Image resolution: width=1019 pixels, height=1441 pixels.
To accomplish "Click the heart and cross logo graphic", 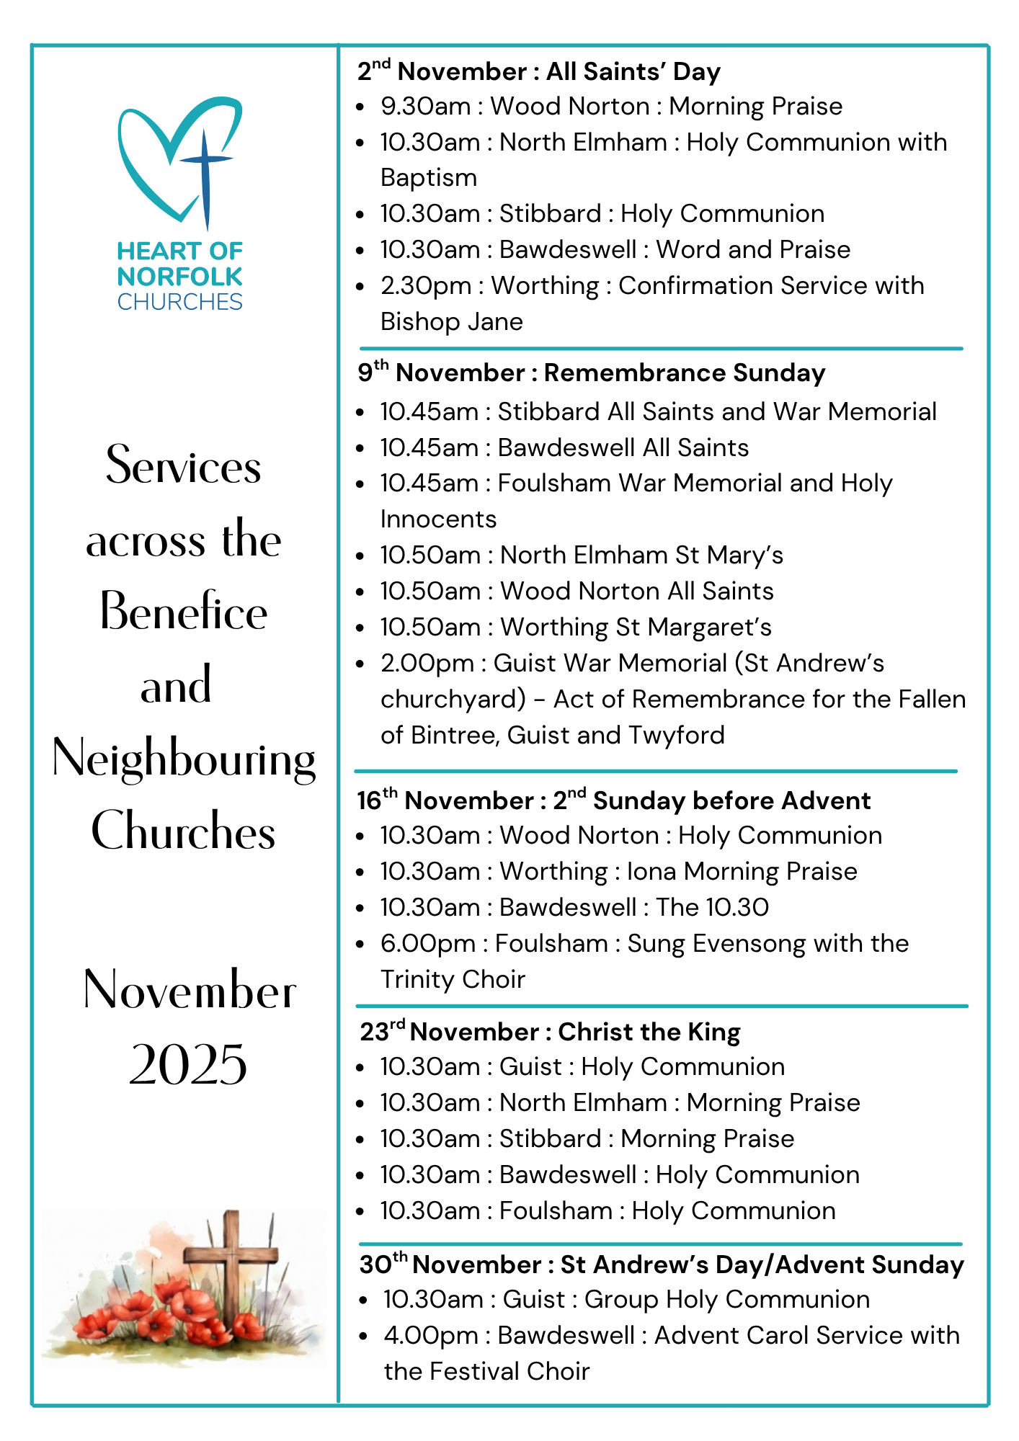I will [180, 162].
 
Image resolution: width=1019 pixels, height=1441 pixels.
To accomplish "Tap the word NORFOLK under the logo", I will [180, 277].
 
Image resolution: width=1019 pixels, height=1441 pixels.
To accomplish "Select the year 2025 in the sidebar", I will [188, 1065].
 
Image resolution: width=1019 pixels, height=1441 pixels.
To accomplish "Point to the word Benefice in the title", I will [184, 612].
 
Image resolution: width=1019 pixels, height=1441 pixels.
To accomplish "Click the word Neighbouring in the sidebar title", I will [184, 759].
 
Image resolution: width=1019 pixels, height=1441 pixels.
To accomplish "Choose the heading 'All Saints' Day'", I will [633, 72].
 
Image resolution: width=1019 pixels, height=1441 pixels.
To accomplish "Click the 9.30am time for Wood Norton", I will [426, 107].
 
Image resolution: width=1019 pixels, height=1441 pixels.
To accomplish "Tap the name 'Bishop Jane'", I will [452, 322].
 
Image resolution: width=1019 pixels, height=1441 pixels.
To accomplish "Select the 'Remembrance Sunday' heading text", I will [685, 373].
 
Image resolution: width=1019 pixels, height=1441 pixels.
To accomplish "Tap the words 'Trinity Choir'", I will [453, 980].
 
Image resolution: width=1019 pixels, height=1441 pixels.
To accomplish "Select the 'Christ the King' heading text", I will [649, 1032].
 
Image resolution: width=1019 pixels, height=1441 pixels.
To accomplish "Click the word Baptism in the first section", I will [429, 178].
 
